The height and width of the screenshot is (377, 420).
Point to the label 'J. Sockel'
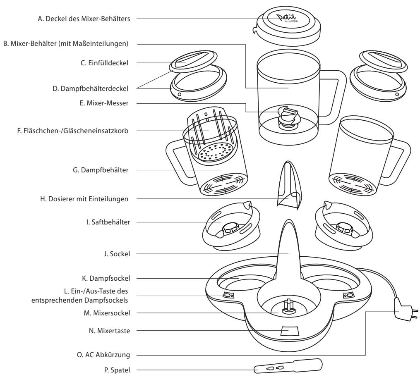pos(118,255)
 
